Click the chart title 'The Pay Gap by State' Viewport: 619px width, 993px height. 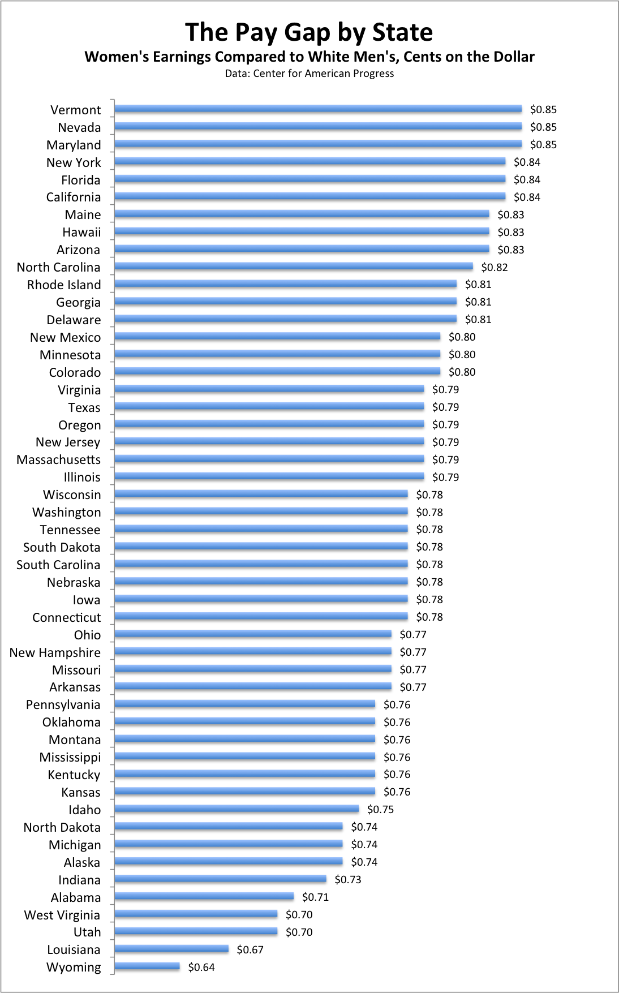pos(309,32)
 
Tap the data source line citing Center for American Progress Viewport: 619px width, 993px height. pos(309,74)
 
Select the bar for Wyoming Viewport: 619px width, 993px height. pos(147,966)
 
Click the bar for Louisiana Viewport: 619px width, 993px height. pos(171,949)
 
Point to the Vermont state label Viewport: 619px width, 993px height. pos(75,110)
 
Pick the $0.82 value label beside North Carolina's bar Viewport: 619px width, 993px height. pos(494,267)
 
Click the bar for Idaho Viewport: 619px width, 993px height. pos(237,809)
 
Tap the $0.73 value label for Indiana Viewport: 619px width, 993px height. pos(347,879)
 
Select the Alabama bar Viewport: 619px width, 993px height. pos(204,896)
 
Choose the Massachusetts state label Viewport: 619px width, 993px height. pos(58,459)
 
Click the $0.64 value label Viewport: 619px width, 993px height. pos(201,967)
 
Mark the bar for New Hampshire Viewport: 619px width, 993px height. pos(253,651)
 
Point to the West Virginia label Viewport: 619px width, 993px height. pos(62,915)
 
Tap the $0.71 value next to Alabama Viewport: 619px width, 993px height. pos(315,897)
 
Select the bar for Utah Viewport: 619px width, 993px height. pos(196,931)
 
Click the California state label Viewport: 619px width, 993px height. pos(74,197)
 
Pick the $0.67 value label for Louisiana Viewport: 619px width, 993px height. pos(250,949)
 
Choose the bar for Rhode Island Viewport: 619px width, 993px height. pos(285,283)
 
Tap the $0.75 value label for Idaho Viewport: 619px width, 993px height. pos(380,809)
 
